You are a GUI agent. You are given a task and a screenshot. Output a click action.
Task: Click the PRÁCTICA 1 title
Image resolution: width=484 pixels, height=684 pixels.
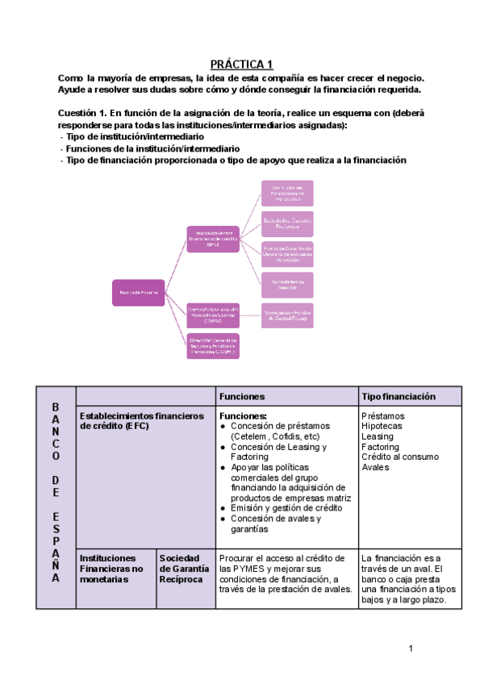click(242, 64)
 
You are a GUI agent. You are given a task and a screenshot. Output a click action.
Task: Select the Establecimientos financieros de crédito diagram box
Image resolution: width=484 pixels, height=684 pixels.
click(212, 239)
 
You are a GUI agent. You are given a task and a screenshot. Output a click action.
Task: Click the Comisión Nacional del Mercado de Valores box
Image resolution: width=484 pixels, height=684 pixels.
click(212, 315)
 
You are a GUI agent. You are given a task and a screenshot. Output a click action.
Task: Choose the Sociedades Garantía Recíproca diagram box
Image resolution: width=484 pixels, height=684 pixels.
click(287, 222)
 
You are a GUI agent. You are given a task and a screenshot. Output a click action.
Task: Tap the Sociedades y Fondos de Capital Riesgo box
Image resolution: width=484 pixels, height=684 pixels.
click(287, 315)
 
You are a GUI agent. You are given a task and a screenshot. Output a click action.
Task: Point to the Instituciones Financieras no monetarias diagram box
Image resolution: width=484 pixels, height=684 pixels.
click(287, 192)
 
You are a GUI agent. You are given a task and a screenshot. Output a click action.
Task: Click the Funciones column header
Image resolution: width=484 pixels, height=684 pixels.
click(243, 397)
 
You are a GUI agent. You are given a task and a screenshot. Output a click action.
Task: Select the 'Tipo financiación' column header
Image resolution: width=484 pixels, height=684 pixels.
click(398, 397)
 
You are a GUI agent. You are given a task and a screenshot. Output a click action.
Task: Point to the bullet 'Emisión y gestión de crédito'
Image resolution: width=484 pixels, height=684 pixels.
click(281, 508)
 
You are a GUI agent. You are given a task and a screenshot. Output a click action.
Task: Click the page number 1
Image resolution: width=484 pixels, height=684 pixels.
click(410, 649)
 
